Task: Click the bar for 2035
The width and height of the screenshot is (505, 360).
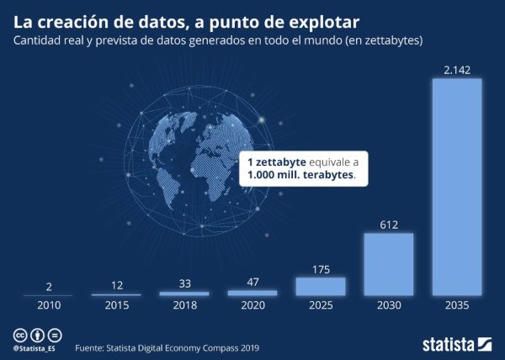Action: point(456,187)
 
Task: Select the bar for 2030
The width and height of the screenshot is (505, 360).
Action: point(388,264)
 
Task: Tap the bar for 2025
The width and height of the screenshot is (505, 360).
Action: point(320,286)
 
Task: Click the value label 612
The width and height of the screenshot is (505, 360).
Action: point(388,225)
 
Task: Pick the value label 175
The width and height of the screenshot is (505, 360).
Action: point(320,268)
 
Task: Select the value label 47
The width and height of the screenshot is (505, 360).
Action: point(252,282)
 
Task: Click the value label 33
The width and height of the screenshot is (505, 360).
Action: point(183,283)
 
